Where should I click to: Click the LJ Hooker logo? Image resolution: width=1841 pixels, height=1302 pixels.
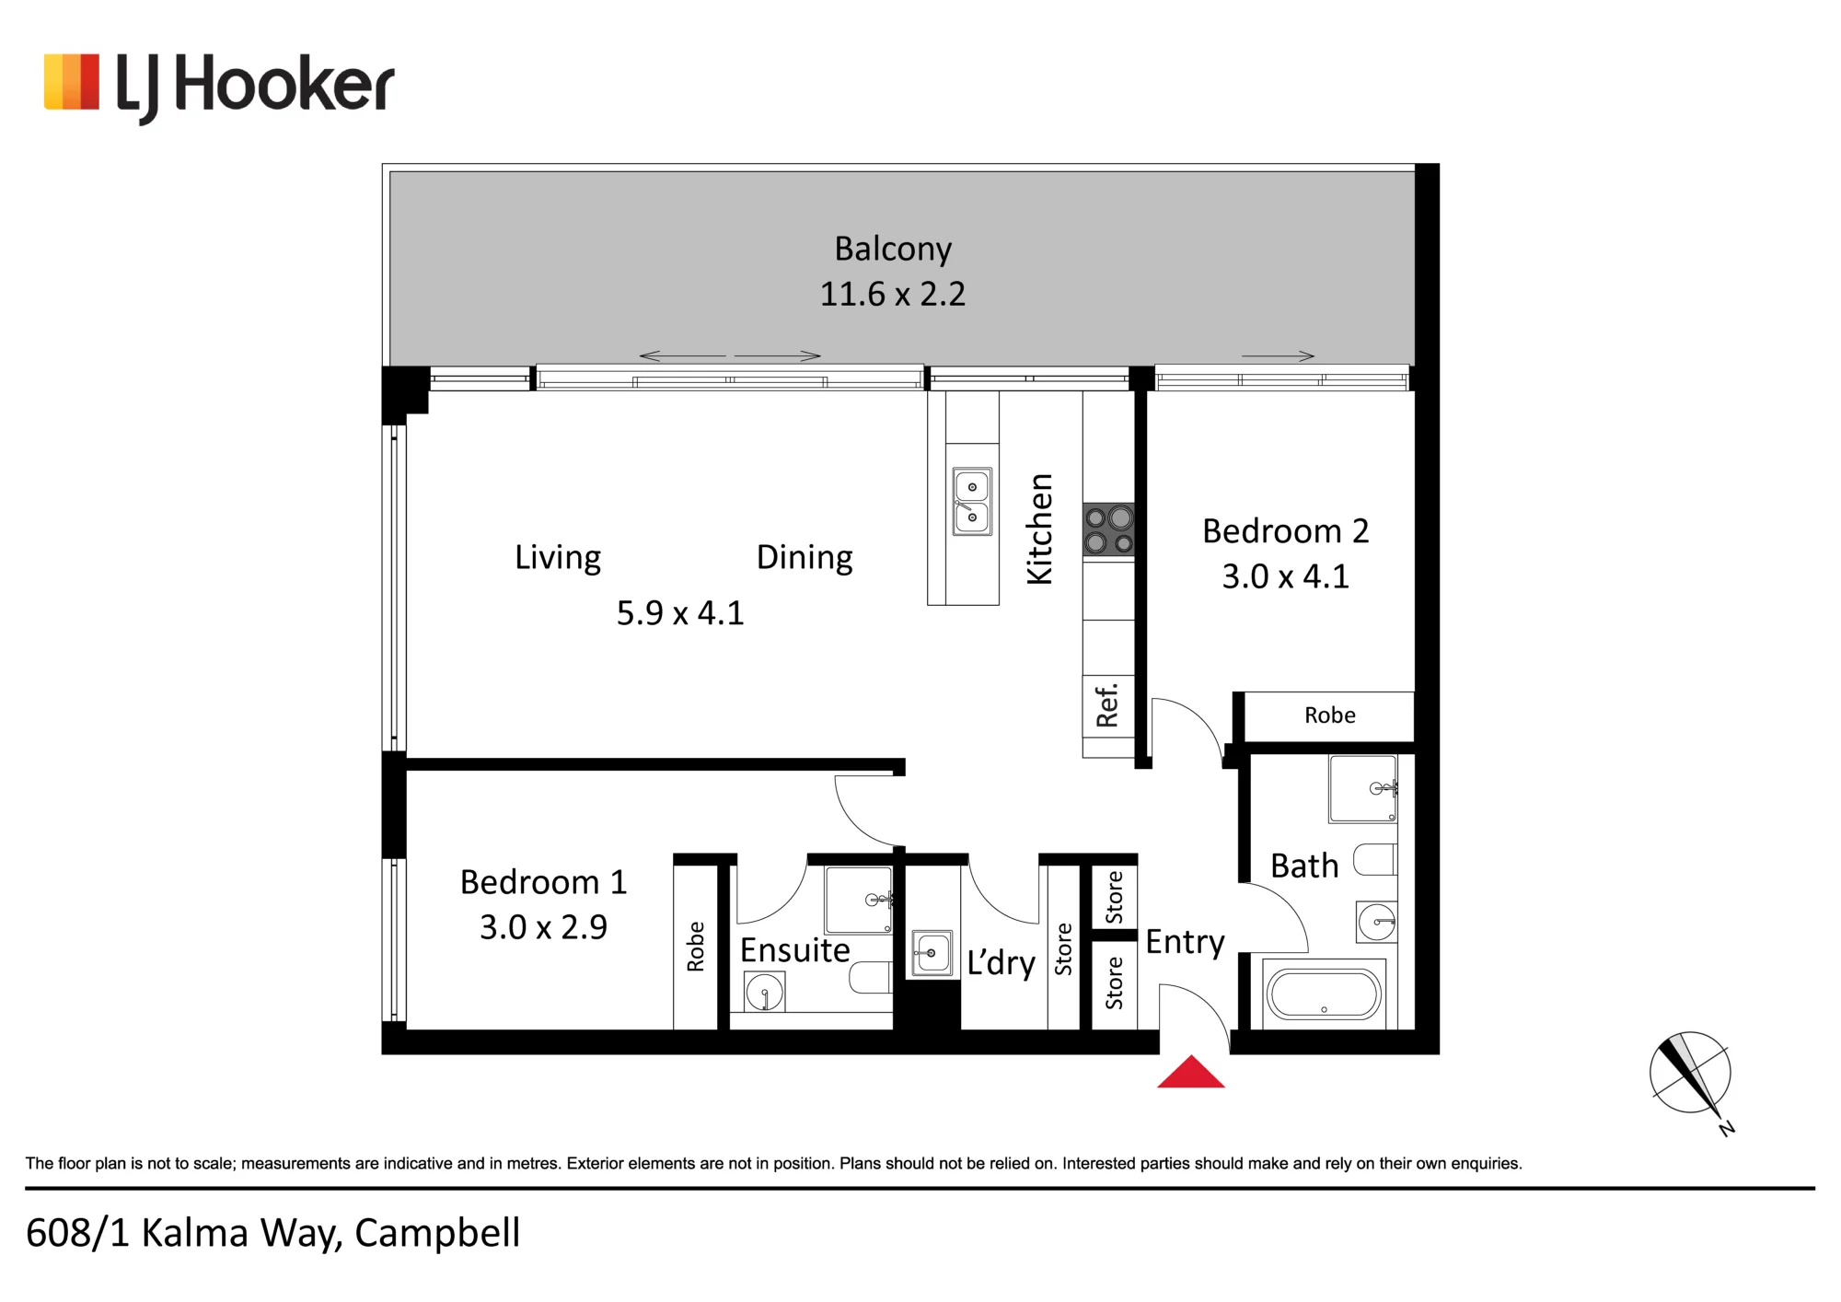click(219, 87)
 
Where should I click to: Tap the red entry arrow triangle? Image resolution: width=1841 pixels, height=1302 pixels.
click(1191, 1073)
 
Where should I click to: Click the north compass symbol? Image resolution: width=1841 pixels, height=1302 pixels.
click(1692, 1077)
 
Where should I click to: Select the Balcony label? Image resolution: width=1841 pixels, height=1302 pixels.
click(893, 249)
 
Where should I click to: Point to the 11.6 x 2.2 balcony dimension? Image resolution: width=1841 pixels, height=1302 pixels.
click(893, 294)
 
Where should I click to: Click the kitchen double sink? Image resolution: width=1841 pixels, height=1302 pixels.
click(972, 502)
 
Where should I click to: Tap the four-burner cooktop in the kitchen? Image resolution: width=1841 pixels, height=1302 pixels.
click(1108, 529)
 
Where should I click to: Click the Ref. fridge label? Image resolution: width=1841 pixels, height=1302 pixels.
click(1107, 705)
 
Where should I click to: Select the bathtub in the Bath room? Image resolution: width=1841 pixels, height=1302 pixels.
click(1324, 994)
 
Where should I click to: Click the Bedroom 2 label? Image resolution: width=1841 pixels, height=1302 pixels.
click(1286, 531)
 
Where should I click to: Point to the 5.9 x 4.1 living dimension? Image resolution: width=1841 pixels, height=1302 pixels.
click(680, 613)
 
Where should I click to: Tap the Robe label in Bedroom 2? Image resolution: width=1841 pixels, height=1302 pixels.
click(1330, 715)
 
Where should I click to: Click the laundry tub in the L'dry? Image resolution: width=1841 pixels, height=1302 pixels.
click(932, 953)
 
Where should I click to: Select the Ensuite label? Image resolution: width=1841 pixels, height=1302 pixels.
click(795, 950)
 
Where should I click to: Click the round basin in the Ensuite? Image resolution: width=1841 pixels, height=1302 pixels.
click(764, 994)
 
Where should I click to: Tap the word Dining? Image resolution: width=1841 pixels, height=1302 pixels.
click(805, 558)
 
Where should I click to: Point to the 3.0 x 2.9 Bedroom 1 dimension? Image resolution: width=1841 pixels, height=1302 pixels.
click(544, 927)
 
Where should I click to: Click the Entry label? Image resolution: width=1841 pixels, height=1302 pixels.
click(1186, 943)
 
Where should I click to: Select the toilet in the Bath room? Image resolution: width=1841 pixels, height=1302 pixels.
click(1375, 859)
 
